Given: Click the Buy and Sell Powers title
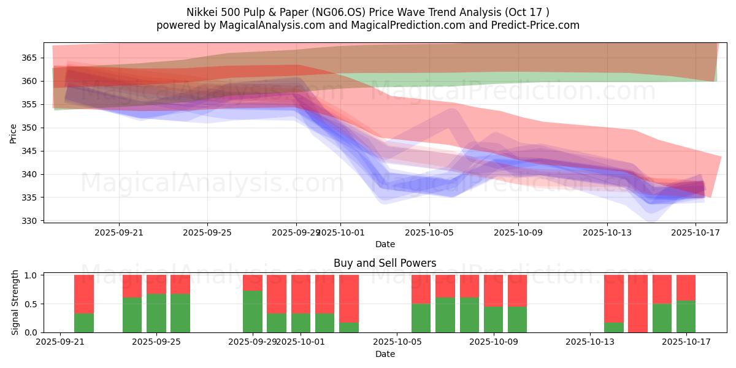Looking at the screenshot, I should [385, 263].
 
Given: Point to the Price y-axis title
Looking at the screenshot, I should [13, 133].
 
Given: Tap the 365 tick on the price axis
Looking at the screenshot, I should [31, 58].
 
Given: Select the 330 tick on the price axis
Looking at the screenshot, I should [31, 221].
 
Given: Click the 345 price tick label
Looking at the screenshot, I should [31, 151].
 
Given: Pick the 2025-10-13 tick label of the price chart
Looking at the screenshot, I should [607, 232].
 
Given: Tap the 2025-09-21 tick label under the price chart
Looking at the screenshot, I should [119, 232].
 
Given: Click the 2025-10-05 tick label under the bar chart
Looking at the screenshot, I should [397, 342].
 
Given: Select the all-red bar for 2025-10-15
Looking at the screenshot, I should [638, 304].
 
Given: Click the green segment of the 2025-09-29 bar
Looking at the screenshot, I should [253, 312].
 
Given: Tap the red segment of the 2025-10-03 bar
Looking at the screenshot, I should [349, 298].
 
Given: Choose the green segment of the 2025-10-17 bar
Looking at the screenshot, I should [686, 316].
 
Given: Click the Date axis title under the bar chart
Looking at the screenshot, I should [385, 354].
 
